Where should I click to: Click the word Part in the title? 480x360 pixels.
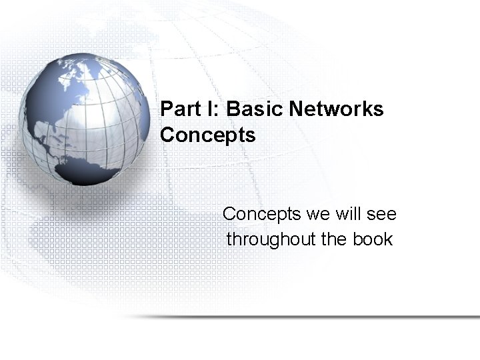[178, 109]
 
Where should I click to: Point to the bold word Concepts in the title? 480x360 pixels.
[208, 135]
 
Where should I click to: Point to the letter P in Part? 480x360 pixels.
[167, 109]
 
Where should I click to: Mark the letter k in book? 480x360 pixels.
[389, 239]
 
